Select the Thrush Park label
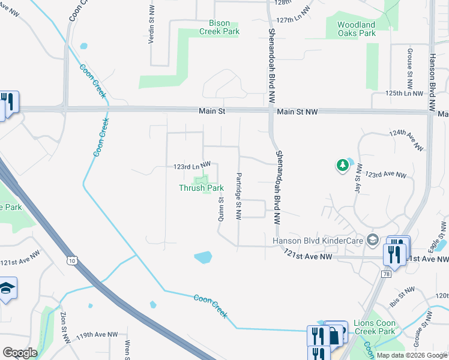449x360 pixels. (202, 188)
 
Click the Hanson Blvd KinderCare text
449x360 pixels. (318, 241)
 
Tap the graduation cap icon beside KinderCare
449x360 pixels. (372, 240)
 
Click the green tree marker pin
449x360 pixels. (342, 165)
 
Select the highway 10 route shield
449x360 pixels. (72, 260)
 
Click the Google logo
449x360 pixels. (20, 353)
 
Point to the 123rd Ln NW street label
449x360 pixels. (192, 165)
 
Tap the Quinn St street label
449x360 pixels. (221, 208)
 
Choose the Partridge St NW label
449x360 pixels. (238, 196)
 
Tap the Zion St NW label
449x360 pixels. (62, 328)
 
